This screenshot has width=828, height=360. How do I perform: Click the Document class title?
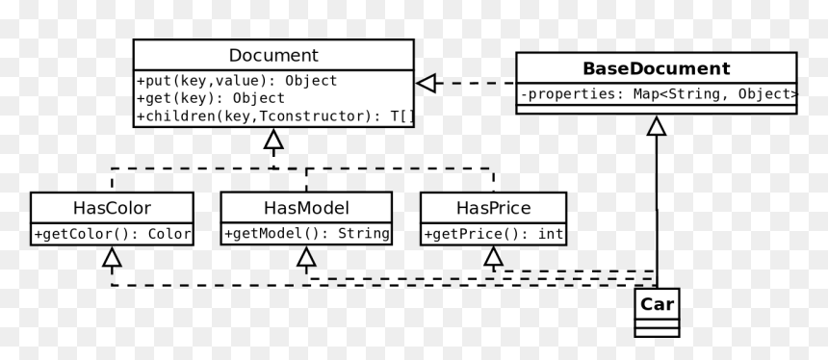pos(273,56)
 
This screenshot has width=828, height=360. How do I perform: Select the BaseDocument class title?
pos(657,68)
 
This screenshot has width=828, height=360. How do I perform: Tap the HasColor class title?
pos(112,208)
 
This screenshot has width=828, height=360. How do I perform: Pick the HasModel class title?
pos(306,208)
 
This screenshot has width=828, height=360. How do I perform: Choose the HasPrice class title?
pos(493,208)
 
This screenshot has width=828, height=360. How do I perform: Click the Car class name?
pos(657,304)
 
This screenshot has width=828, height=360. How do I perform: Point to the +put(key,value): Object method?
pos(237,81)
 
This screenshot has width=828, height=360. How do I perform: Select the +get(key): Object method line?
pos(211,98)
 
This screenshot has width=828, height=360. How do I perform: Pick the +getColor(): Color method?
pos(112,234)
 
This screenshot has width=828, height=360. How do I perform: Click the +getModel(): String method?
pos(306,233)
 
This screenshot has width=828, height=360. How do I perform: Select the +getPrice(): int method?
pos(493,234)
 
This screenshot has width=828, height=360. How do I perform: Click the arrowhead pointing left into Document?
pos(426,83)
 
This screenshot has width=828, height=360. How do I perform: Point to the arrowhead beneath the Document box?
pos(273,139)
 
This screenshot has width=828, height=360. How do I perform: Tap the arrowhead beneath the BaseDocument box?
pos(657,126)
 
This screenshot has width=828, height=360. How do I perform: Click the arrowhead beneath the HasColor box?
pos(112,257)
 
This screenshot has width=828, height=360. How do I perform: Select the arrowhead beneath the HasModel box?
pos(306,257)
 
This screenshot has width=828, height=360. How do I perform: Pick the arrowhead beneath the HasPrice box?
pos(493,257)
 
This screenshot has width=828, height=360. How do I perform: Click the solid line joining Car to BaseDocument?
pos(657,212)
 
